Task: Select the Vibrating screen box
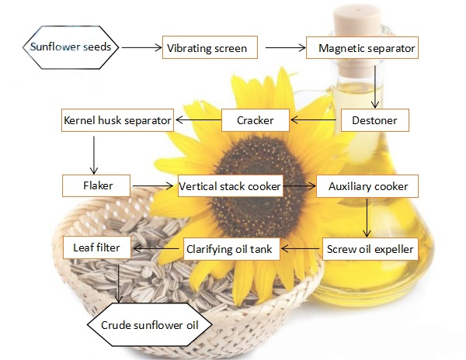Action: pos(207,48)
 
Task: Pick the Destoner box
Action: pos(374,120)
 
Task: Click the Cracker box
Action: pos(256,120)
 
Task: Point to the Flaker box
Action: pos(96,186)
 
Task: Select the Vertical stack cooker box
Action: pos(229,186)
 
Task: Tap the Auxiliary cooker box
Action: pos(367,186)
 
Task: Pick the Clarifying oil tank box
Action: pos(231,249)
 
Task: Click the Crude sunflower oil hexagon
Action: pos(145,324)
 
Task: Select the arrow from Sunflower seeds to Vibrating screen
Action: pos(141,47)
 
